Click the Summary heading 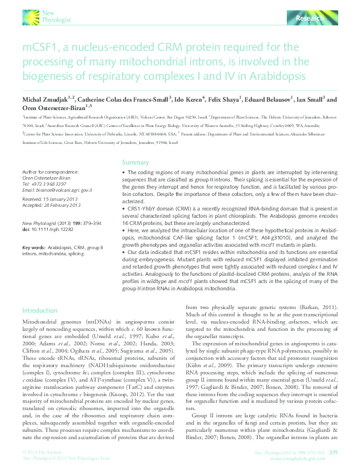[x=135, y=163]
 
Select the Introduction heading [x=40, y=309]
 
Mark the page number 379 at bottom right [x=332, y=452]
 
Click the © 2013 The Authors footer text [x=41, y=452]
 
